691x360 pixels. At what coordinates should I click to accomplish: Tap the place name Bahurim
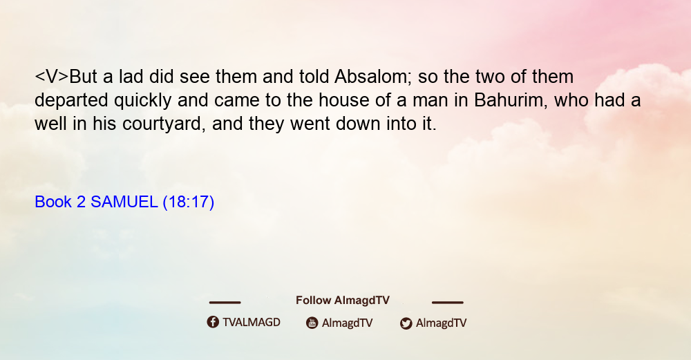click(511, 100)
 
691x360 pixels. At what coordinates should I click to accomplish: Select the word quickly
click(142, 101)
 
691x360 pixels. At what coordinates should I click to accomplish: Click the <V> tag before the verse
click(52, 77)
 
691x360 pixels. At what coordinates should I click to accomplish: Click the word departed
click(71, 101)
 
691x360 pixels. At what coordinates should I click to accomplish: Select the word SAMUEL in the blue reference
click(124, 202)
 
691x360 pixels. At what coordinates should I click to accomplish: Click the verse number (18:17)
click(188, 202)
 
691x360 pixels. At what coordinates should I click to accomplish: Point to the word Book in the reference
click(53, 202)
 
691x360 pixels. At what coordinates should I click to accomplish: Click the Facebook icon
click(213, 322)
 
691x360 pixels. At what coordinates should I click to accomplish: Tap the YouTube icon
click(312, 323)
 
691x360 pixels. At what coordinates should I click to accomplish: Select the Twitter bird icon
click(406, 323)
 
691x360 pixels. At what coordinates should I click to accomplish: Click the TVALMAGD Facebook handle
click(252, 322)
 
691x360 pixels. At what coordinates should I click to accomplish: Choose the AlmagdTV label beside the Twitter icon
click(441, 323)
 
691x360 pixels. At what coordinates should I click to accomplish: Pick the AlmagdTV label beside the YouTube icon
click(348, 323)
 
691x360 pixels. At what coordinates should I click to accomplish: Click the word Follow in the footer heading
click(313, 300)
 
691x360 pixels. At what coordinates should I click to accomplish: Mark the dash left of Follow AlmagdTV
click(225, 302)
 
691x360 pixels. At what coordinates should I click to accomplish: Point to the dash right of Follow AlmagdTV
click(448, 302)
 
